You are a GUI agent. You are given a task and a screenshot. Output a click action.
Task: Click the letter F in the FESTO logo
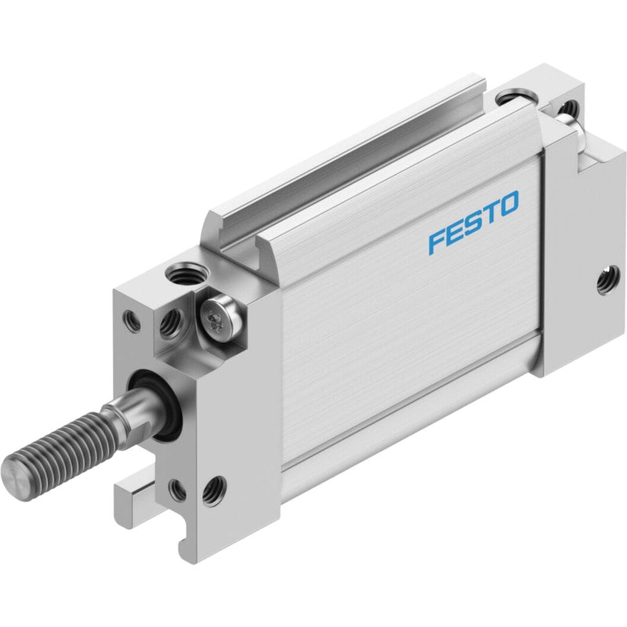point(437,242)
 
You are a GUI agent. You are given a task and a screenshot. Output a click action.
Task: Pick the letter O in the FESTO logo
point(509,205)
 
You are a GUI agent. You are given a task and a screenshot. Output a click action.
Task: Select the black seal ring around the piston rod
point(154,405)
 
